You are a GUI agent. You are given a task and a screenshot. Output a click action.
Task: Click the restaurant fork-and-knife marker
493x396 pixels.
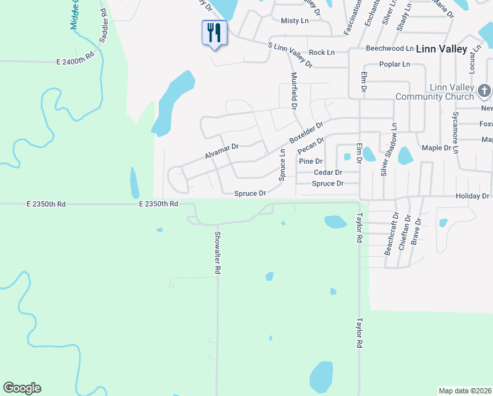214,32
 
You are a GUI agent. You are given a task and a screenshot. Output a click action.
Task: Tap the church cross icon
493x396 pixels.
484,90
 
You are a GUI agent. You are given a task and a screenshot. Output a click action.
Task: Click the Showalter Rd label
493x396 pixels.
217,252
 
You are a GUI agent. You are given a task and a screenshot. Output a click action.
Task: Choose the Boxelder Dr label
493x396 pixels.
306,133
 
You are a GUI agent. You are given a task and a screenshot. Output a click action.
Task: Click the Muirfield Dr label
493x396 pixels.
294,90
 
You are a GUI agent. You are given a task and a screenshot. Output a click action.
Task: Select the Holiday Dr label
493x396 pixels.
472,197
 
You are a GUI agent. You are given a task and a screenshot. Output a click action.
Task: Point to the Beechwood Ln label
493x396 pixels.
390,49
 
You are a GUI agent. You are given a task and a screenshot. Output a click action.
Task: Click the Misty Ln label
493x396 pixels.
295,21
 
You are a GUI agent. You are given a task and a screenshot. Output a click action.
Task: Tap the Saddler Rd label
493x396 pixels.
103,26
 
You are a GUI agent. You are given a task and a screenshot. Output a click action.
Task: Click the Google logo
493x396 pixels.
22,388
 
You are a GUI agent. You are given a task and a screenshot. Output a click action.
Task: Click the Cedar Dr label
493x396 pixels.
328,172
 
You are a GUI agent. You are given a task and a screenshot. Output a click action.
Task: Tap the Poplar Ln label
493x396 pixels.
395,65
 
